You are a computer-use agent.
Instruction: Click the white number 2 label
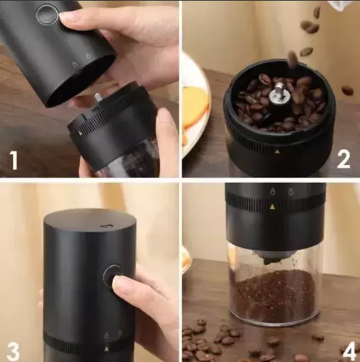coord(343,159)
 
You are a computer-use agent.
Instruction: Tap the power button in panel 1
coord(47,14)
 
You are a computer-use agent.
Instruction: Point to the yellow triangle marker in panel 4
coord(273,207)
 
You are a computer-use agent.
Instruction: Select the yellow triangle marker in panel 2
coord(276,151)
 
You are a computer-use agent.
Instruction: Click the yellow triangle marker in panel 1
coord(80,133)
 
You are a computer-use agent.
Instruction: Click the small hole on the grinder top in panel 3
coord(107,226)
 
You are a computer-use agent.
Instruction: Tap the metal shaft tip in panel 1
coord(97,96)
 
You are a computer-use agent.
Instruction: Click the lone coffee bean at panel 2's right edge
coord(348,90)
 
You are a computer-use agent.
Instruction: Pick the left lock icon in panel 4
coord(274,192)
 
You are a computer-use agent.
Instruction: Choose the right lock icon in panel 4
coord(290,192)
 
